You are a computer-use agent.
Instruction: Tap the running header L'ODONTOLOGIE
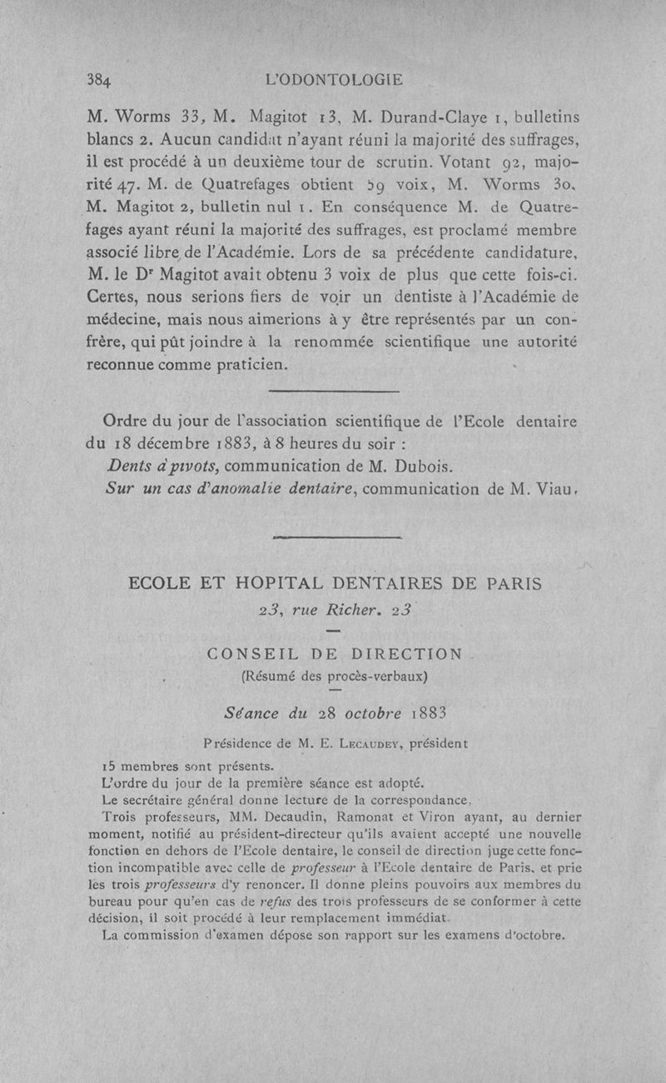[x=332, y=80]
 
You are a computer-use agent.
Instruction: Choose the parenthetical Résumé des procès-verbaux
[x=333, y=676]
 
